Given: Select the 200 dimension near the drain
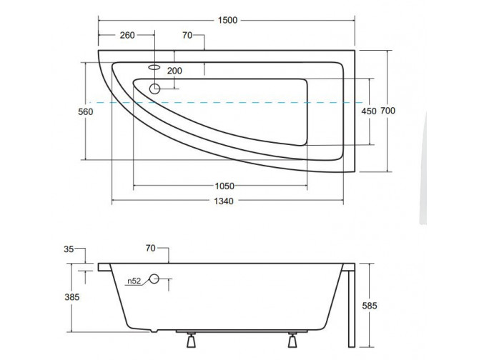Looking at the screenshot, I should [x=174, y=70].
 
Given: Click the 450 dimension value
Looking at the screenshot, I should [x=369, y=111].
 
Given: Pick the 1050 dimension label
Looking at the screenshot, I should [x=224, y=186].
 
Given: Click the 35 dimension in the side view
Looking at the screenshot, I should [x=69, y=249].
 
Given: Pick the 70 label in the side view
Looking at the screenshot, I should [x=150, y=249].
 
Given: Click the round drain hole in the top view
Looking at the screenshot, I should [x=155, y=89].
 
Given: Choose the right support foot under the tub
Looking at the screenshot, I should [x=293, y=341].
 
